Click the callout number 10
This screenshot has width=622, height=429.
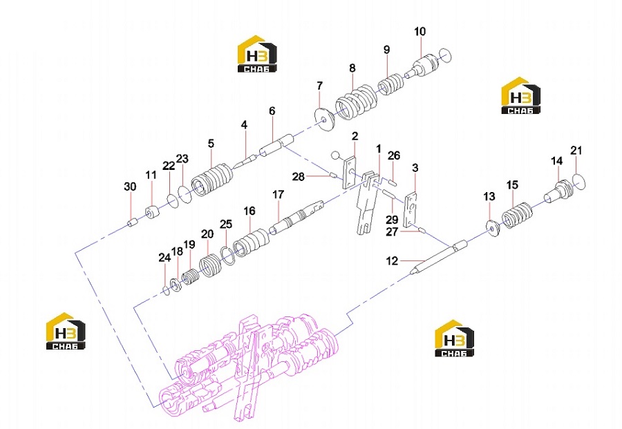420,31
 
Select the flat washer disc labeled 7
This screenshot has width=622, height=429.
326,118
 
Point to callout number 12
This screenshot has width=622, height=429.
392,261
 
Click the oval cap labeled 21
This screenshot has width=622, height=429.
580,181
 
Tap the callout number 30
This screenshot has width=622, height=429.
130,187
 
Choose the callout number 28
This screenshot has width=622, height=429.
299,176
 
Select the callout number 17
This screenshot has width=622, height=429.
278,195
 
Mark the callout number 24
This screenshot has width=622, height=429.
164,258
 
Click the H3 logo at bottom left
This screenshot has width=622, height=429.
66,331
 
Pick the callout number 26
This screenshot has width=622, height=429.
394,155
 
